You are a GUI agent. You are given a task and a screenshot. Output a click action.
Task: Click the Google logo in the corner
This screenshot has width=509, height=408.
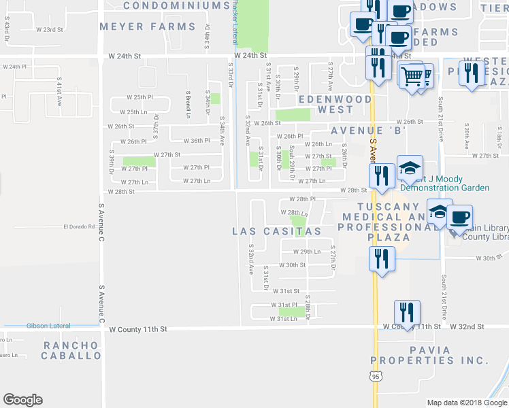coord(23,400)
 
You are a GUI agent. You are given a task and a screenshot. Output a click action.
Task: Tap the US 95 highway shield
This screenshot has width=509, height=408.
coord(376,376)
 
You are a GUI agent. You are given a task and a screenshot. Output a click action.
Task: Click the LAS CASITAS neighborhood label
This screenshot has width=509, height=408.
coord(276,231)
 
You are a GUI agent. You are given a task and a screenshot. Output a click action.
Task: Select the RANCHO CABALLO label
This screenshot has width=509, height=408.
coord(72,350)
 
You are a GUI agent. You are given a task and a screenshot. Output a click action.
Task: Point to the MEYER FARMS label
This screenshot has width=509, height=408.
coord(147,27)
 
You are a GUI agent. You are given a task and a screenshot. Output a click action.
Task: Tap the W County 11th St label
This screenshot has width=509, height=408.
coord(138,329)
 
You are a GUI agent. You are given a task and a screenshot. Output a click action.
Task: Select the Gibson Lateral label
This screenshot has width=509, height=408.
coord(48,326)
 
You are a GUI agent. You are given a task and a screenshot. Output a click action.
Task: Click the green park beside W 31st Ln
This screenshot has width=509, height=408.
coord(292,312)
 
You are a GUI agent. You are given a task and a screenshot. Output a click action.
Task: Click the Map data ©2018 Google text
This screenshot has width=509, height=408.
coord(466,403)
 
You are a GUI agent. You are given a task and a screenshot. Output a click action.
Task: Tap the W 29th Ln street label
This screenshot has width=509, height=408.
coord(306,252)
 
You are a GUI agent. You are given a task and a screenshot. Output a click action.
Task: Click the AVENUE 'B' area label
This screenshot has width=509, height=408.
coord(368,131)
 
